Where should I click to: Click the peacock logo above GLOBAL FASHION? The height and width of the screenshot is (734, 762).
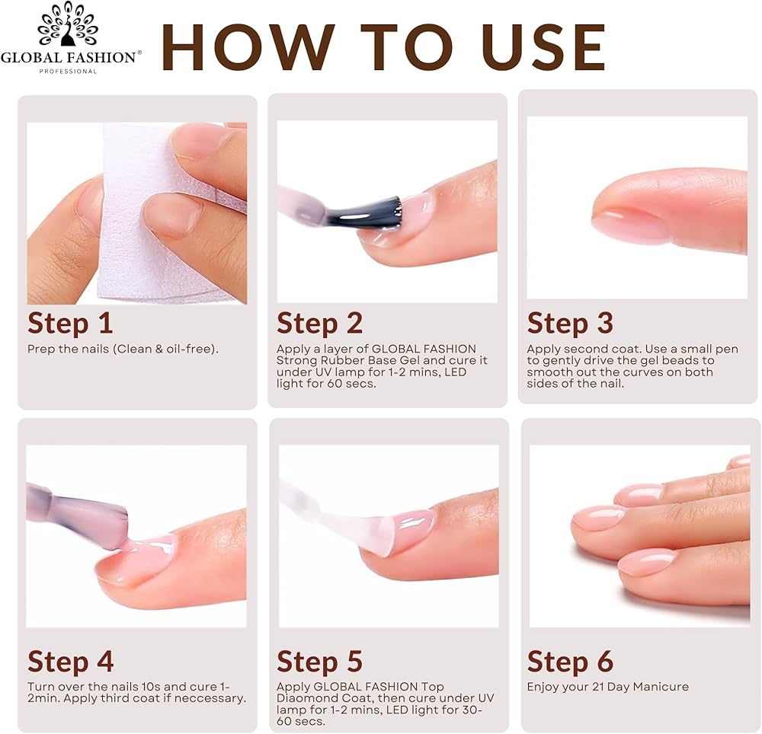68,24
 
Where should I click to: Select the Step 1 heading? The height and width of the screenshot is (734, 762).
70,324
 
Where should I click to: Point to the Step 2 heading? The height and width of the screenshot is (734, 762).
320,324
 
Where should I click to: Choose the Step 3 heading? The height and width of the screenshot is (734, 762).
570,324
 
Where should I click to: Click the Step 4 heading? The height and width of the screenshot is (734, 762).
70,661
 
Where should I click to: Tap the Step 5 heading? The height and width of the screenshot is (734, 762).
320,661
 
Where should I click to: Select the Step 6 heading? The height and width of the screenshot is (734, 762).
570,661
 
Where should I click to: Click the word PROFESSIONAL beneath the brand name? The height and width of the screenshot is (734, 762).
68,72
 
